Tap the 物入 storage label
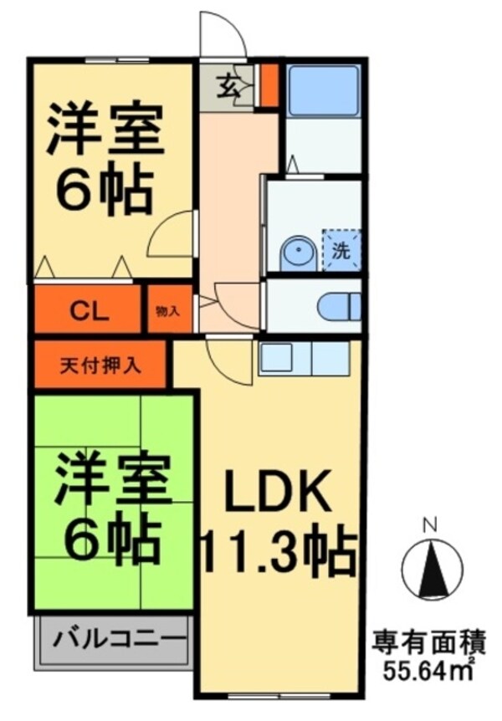click(x=167, y=311)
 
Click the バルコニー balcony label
click(x=120, y=642)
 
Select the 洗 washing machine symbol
click(x=341, y=248)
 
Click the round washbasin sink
click(x=294, y=252)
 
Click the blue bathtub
click(x=322, y=90)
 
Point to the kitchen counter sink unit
click(x=302, y=358)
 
